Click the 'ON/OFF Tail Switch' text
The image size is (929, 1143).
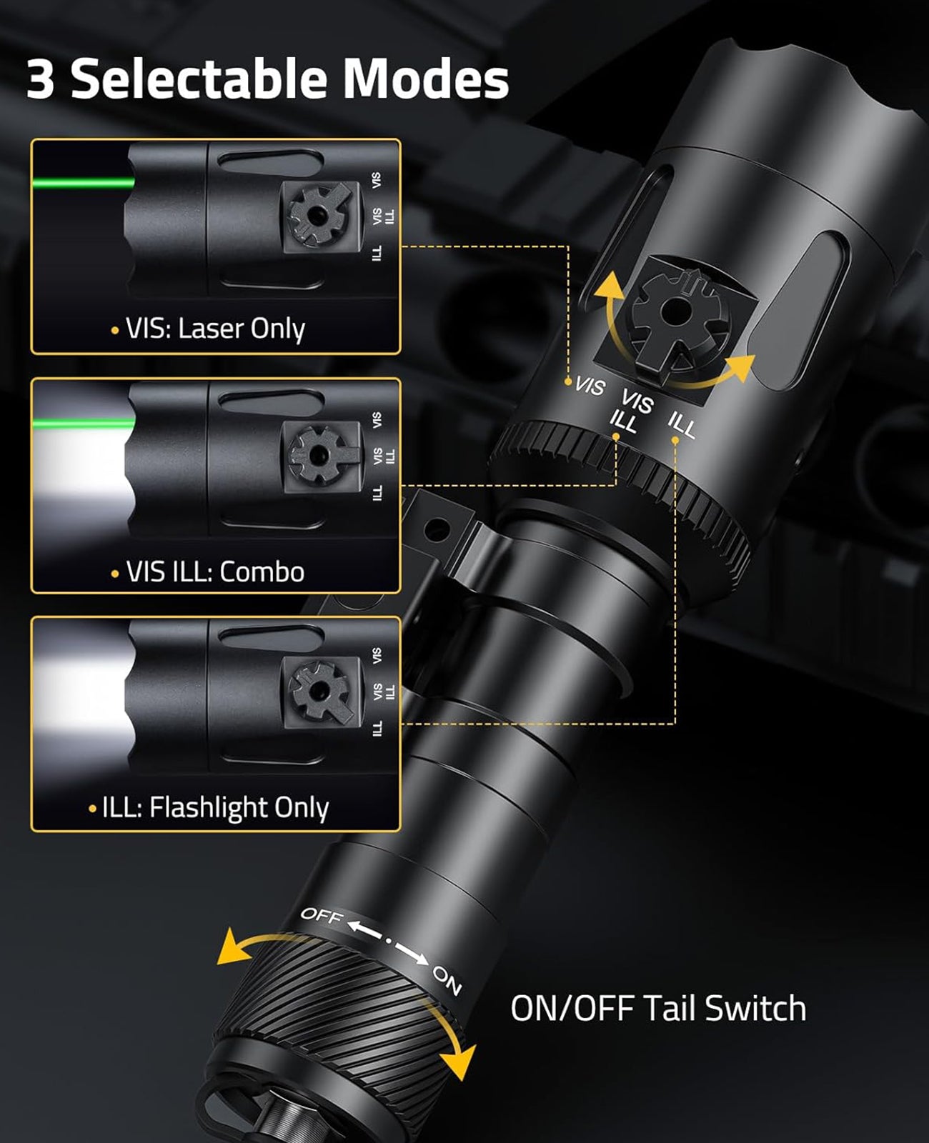[x=657, y=1008]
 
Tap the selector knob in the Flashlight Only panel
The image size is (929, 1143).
[x=318, y=691]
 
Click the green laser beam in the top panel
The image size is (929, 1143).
[x=82, y=183]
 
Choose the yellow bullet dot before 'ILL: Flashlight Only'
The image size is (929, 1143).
[x=93, y=809]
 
